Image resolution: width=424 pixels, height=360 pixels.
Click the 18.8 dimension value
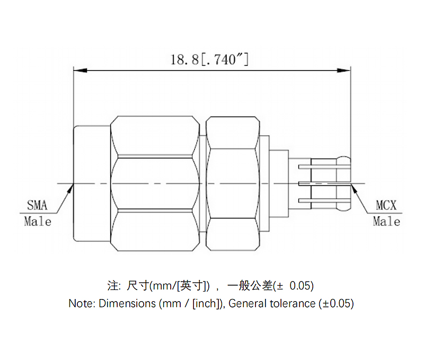tap(184, 59)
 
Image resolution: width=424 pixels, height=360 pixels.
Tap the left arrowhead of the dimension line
tap(77, 70)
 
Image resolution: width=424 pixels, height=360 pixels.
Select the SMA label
tap(37, 205)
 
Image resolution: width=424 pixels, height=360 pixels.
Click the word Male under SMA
tap(38, 221)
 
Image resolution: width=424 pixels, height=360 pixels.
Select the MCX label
tap(386, 205)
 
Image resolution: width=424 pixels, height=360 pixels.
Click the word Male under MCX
tap(386, 221)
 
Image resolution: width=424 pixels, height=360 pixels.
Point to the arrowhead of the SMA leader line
tap(71, 187)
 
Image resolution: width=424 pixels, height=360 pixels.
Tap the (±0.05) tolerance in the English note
tap(335, 304)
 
